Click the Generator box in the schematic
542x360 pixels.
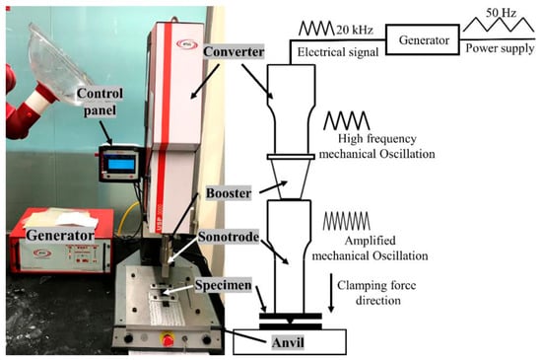pyautogui.click(x=423, y=39)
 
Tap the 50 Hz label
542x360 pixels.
pyautogui.click(x=501, y=13)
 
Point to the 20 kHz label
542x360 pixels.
pyautogui.click(x=355, y=30)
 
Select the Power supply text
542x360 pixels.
pyautogui.click(x=500, y=48)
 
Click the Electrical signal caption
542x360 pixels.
pyautogui.click(x=338, y=52)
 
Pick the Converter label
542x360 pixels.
pyautogui.click(x=234, y=52)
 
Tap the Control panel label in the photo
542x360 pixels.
pyautogui.click(x=100, y=102)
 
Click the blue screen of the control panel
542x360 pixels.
pyautogui.click(x=121, y=164)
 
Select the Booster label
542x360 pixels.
pyautogui.click(x=229, y=193)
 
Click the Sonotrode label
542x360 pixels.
pyautogui.click(x=229, y=237)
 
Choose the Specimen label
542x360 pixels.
pyautogui.click(x=224, y=285)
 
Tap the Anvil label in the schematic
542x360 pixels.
pyautogui.click(x=288, y=342)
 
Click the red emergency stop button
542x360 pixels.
pyautogui.click(x=168, y=339)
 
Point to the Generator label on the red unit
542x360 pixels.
pyautogui.click(x=60, y=235)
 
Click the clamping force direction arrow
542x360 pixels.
pyautogui.click(x=331, y=293)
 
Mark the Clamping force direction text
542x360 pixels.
pyautogui.click(x=376, y=293)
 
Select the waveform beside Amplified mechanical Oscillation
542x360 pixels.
pyautogui.click(x=346, y=221)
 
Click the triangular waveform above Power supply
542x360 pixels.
pyautogui.click(x=499, y=25)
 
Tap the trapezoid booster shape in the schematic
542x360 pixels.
pyautogui.click(x=291, y=180)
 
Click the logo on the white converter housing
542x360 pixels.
pyautogui.click(x=186, y=44)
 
